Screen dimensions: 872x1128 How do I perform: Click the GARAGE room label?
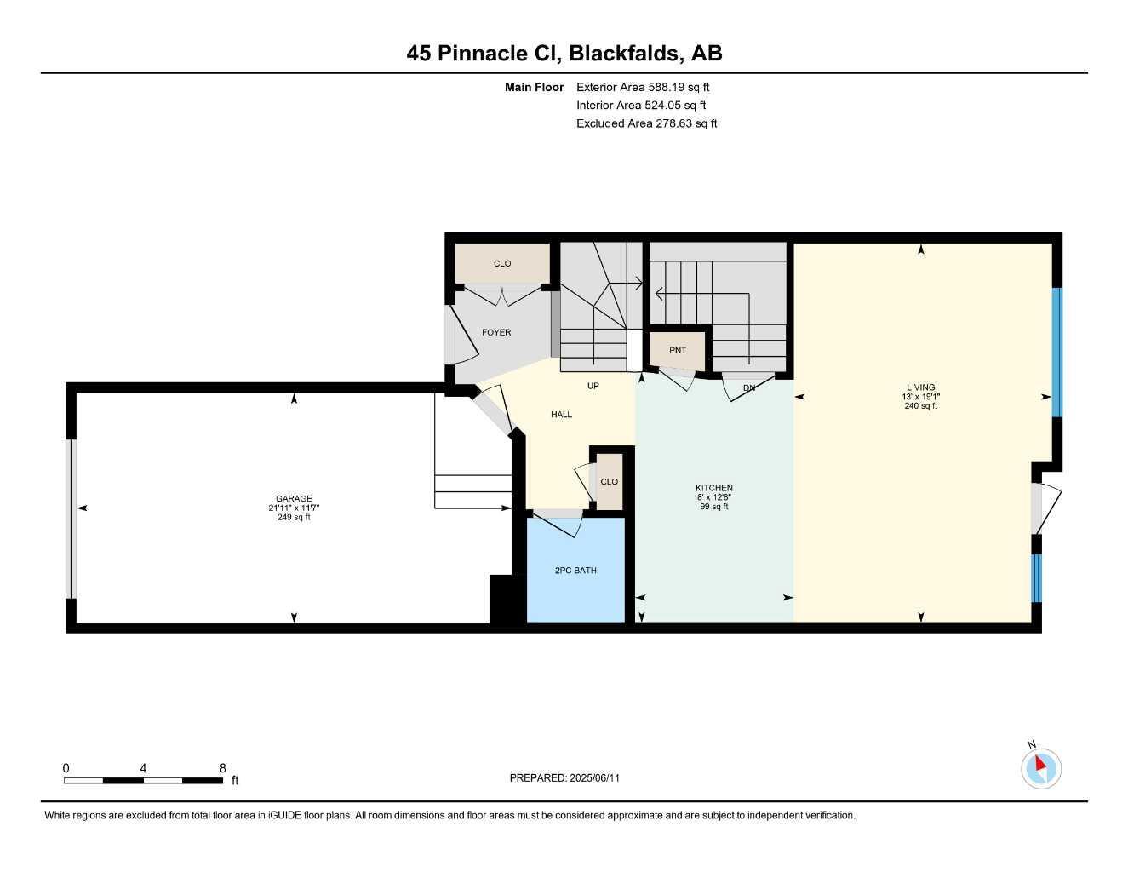294,499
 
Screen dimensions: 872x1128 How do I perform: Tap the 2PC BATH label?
575,571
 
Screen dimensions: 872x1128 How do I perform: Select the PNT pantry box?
678,350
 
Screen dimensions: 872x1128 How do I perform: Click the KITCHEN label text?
713,488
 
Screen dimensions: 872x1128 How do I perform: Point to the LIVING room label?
921,387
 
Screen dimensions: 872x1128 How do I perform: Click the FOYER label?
496,332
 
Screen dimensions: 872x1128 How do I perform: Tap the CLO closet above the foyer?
502,263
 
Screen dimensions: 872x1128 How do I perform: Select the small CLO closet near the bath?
609,482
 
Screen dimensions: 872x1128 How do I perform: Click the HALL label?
561,415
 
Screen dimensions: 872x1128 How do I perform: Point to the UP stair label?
593,386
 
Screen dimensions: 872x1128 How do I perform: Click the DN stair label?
749,388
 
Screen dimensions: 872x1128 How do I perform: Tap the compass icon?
1040,768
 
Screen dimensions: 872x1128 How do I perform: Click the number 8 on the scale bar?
223,768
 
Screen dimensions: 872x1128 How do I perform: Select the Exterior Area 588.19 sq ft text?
643,87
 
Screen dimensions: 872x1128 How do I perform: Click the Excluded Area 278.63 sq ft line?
646,123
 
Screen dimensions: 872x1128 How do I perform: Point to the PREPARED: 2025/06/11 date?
564,777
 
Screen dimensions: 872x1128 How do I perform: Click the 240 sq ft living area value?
921,406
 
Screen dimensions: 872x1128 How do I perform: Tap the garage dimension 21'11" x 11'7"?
294,508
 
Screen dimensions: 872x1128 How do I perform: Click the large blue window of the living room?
1057,352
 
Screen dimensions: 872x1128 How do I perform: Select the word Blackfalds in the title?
624,53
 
